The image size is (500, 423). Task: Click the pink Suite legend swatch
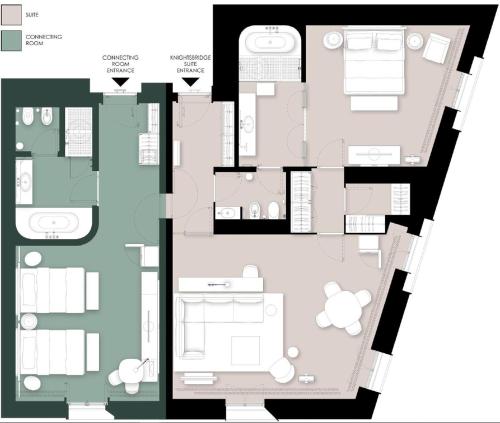[x=11, y=15]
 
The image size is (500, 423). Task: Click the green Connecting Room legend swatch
[x=11, y=40]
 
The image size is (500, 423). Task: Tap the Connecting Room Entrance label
[x=120, y=64]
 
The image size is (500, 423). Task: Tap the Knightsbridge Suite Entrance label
[x=190, y=64]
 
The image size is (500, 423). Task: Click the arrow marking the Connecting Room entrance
[x=120, y=82]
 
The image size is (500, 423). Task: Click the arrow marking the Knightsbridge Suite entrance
[x=191, y=82]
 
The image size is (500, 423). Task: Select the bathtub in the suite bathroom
[x=270, y=42]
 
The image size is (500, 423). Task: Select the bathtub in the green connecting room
[x=53, y=222]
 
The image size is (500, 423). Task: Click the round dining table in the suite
[x=343, y=308]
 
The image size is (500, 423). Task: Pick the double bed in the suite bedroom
[x=374, y=61]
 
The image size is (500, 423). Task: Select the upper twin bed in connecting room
[x=52, y=290]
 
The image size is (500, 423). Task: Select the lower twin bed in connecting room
[x=52, y=352]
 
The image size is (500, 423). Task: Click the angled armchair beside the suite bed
[x=437, y=48]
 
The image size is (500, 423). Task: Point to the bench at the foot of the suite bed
[x=374, y=103]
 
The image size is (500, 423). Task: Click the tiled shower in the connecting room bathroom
[x=78, y=132]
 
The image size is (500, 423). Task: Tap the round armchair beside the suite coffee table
[x=282, y=370]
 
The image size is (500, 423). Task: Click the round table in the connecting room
[x=131, y=371]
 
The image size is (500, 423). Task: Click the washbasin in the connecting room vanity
[x=25, y=182]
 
